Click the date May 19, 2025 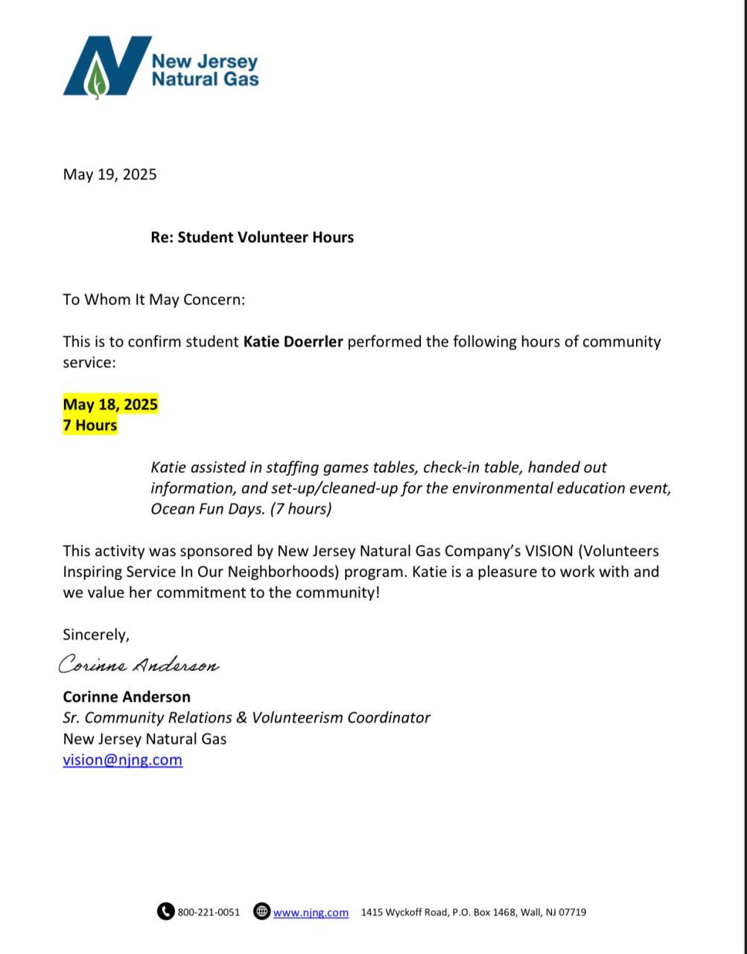click(x=109, y=174)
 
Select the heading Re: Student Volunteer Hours click(x=252, y=237)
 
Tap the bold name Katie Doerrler click(x=293, y=342)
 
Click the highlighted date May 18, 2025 click(x=110, y=405)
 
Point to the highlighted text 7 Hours click(x=90, y=426)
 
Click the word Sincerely click(x=96, y=635)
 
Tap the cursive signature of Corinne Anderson click(x=139, y=665)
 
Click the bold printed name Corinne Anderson click(x=127, y=697)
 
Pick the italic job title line click(x=247, y=718)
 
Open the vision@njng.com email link click(x=123, y=760)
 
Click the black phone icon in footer click(x=165, y=912)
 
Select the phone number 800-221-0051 click(x=209, y=912)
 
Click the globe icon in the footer click(x=261, y=912)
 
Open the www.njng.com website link click(x=311, y=912)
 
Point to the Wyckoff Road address click(x=474, y=912)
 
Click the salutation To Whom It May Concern click(x=154, y=300)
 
